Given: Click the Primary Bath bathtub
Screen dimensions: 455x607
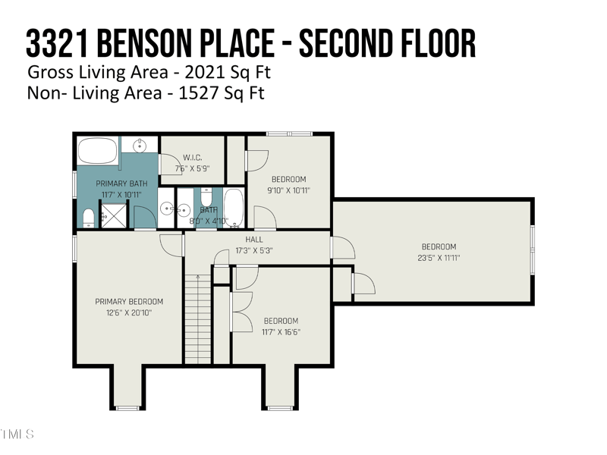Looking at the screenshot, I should click(98, 151).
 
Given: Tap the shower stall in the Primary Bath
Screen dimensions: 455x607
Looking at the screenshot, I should click(114, 216).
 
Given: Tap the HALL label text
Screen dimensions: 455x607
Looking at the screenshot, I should click(254, 239).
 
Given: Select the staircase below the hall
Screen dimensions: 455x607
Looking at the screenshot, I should click(197, 318).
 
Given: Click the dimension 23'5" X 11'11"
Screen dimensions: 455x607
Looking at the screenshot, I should click(439, 258).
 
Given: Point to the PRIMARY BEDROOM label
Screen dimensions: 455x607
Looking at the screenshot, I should click(129, 302).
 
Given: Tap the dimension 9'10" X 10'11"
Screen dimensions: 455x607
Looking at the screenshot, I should click(289, 190).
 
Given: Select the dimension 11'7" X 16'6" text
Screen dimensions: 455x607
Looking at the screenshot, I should click(280, 331).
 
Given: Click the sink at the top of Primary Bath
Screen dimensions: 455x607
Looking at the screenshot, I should click(140, 146).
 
